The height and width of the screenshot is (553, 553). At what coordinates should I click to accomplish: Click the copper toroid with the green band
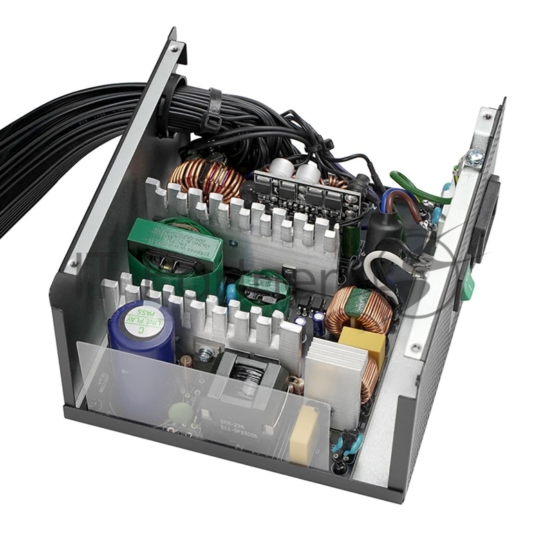359,310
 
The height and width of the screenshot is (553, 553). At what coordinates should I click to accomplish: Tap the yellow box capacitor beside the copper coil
362,346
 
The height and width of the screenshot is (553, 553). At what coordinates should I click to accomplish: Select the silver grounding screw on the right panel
475,158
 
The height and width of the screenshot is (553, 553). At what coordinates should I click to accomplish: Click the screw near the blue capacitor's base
204,356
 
